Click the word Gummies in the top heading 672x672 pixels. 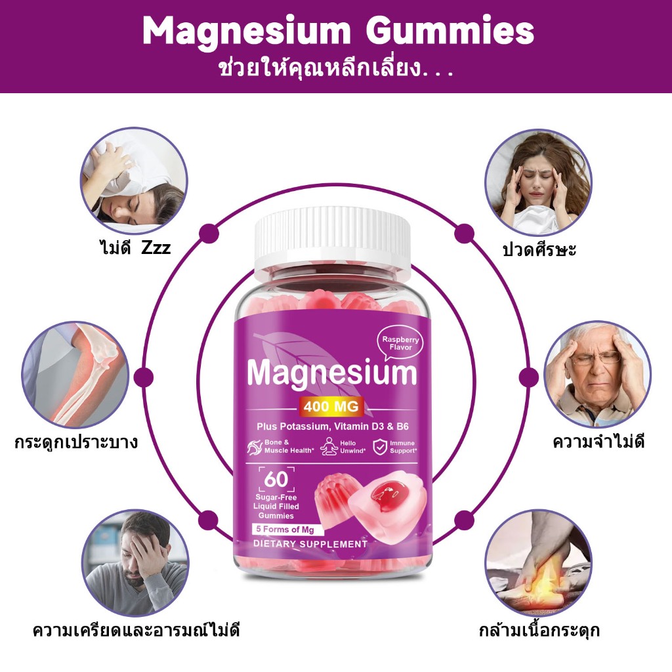[450, 31]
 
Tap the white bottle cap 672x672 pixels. [333, 238]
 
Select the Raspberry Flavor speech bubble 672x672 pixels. [401, 343]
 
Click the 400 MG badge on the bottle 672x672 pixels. [331, 406]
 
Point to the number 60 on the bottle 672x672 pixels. [276, 479]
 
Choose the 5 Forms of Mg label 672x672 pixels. [285, 530]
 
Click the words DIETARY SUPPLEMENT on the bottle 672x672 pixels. [310, 544]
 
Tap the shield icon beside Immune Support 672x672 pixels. [380, 446]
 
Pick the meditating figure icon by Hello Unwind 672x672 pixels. [329, 446]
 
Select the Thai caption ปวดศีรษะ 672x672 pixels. [539, 249]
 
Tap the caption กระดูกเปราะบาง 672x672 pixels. [76, 442]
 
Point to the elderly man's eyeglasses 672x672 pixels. [596, 358]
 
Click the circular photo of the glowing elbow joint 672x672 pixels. [75, 375]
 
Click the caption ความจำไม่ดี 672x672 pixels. [598, 442]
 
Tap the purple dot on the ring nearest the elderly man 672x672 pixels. [529, 377]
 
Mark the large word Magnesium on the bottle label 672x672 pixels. [332, 373]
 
